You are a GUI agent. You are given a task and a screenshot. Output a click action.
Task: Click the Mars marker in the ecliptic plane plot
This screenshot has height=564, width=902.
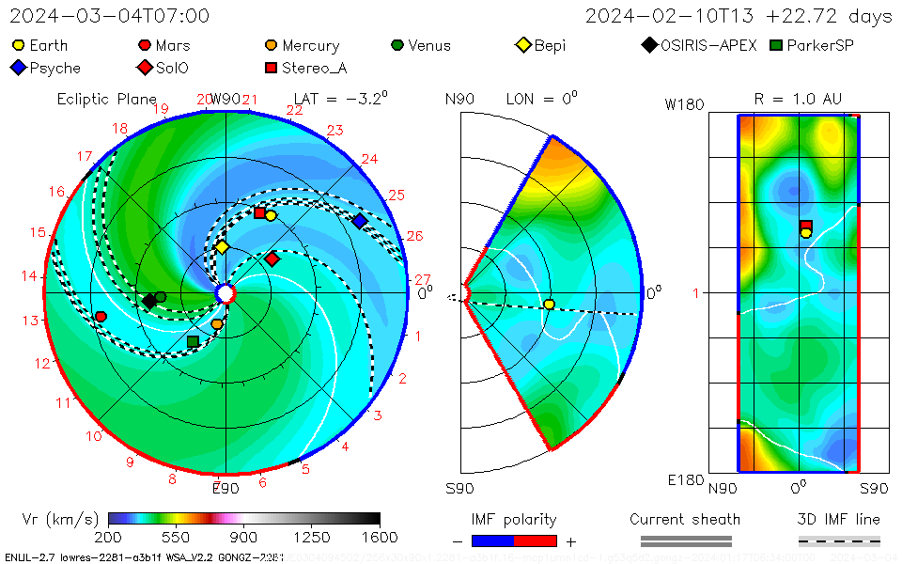click(101, 316)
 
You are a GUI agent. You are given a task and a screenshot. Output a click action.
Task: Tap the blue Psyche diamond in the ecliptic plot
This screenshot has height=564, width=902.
click(360, 221)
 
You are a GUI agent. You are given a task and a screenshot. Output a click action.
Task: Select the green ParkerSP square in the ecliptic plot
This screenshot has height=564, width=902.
click(193, 341)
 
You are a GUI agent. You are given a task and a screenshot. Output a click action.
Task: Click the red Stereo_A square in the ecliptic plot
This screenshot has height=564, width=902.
click(259, 212)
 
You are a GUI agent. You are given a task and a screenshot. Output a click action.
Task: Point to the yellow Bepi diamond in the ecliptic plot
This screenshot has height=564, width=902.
click(222, 247)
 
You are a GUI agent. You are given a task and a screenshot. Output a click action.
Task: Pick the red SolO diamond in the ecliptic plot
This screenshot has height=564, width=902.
click(272, 258)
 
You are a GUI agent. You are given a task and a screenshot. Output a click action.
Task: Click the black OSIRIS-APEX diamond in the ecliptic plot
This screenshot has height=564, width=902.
click(148, 301)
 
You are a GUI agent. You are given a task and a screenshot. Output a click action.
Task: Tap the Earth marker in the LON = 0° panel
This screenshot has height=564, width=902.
click(549, 304)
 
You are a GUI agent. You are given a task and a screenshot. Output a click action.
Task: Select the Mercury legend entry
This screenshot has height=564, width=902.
click(302, 45)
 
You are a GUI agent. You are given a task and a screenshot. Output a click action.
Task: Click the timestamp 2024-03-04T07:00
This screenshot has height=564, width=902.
click(110, 16)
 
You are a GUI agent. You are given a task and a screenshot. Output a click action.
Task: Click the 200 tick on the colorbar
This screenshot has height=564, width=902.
click(108, 537)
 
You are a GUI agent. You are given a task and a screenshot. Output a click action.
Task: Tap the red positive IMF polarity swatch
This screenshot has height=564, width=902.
click(536, 540)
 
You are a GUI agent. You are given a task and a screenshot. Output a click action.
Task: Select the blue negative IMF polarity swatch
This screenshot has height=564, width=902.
click(492, 540)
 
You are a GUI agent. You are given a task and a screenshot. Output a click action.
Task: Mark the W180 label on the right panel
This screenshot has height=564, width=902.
click(684, 104)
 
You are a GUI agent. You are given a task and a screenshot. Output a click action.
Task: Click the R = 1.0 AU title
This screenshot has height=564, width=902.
click(798, 99)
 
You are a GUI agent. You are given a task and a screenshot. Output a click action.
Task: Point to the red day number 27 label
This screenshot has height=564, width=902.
click(422, 279)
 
